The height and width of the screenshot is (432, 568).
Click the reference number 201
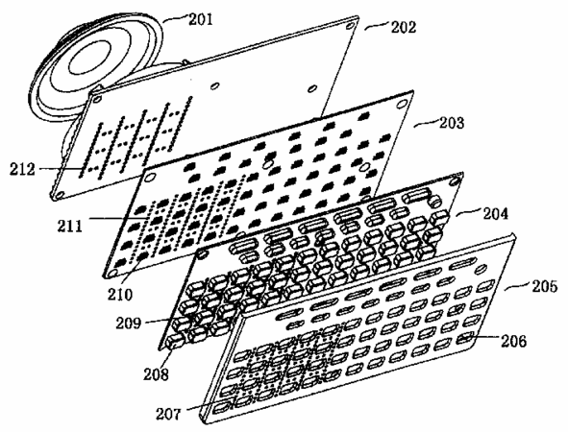tap(201, 19)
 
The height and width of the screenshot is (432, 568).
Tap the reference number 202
tap(404, 27)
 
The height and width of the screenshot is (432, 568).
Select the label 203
tap(452, 123)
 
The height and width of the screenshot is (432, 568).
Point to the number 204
tap(495, 213)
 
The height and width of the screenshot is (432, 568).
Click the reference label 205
tap(545, 286)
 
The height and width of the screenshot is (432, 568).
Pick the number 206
tap(513, 341)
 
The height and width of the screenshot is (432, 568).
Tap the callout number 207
tap(168, 414)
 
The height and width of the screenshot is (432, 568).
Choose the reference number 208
tap(156, 374)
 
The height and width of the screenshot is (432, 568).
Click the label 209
tap(128, 323)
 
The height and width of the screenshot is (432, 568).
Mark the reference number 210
tap(120, 294)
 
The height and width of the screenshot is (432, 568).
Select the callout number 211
tap(69, 227)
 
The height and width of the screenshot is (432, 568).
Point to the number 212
tap(22, 169)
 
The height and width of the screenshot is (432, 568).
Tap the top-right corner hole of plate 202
tap(350, 26)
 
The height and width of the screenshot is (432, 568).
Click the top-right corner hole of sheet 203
tap(402, 104)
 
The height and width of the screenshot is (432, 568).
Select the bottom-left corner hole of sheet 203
tap(113, 272)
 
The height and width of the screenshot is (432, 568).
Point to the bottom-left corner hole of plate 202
tap(60, 195)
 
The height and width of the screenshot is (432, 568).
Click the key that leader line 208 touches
tap(176, 341)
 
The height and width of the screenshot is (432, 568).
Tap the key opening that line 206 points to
tap(464, 339)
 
